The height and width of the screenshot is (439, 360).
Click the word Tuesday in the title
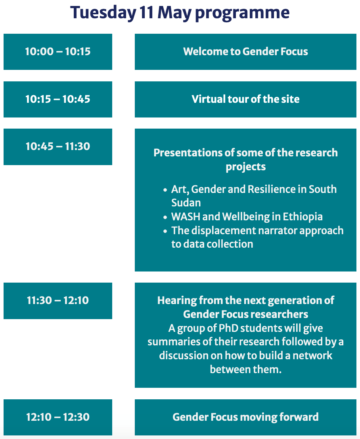103,13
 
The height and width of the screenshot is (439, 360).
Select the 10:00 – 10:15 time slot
58,52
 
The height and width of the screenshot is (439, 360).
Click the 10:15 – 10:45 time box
58,99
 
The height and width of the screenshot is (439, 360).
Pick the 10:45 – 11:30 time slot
58,147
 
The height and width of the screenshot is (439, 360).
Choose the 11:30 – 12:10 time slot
58,301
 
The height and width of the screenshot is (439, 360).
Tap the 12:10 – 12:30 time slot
58,417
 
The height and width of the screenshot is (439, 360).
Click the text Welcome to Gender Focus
245,52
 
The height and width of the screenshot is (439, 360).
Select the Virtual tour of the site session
245,99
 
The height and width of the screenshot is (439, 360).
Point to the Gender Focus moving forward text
245,417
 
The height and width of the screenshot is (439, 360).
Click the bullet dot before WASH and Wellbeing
165,217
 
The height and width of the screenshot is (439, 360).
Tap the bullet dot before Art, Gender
165,190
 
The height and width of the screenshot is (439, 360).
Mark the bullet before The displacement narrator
165,231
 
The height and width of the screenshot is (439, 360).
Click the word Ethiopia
303,217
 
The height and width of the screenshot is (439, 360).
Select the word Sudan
186,203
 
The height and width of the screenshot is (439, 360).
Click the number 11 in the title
147,13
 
